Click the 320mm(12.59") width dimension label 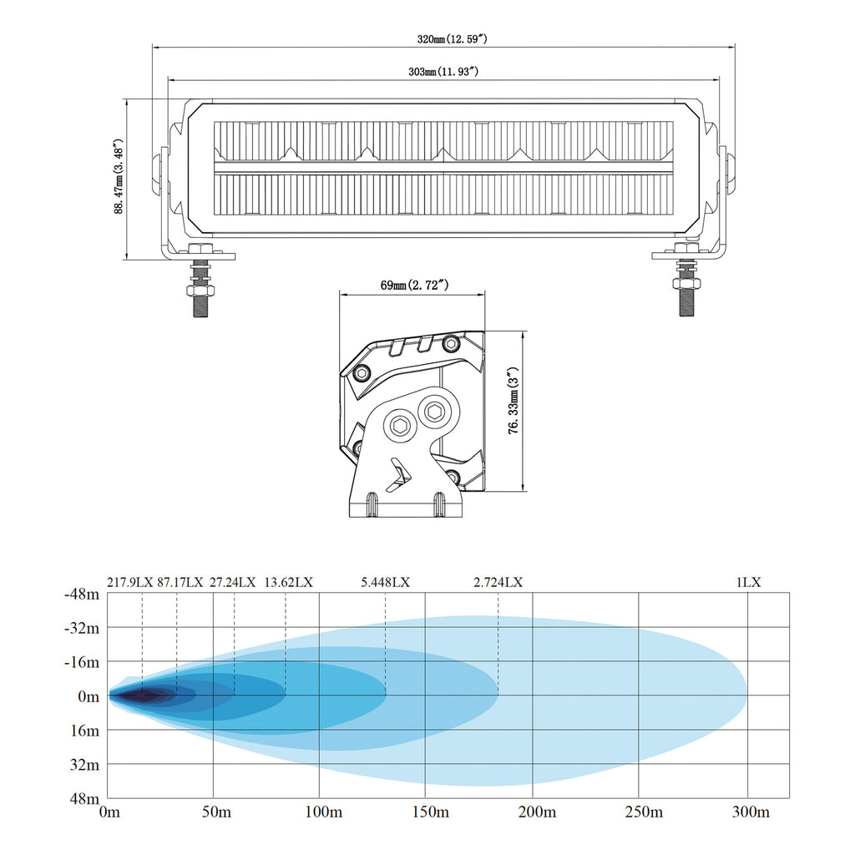point(452,39)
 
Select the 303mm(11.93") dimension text point(443,72)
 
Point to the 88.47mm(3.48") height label point(119,176)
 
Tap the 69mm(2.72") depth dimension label point(414,285)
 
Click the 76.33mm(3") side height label point(514,401)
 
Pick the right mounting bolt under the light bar point(686,279)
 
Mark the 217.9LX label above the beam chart point(129,582)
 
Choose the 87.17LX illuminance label point(180,582)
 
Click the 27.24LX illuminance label point(232,582)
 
